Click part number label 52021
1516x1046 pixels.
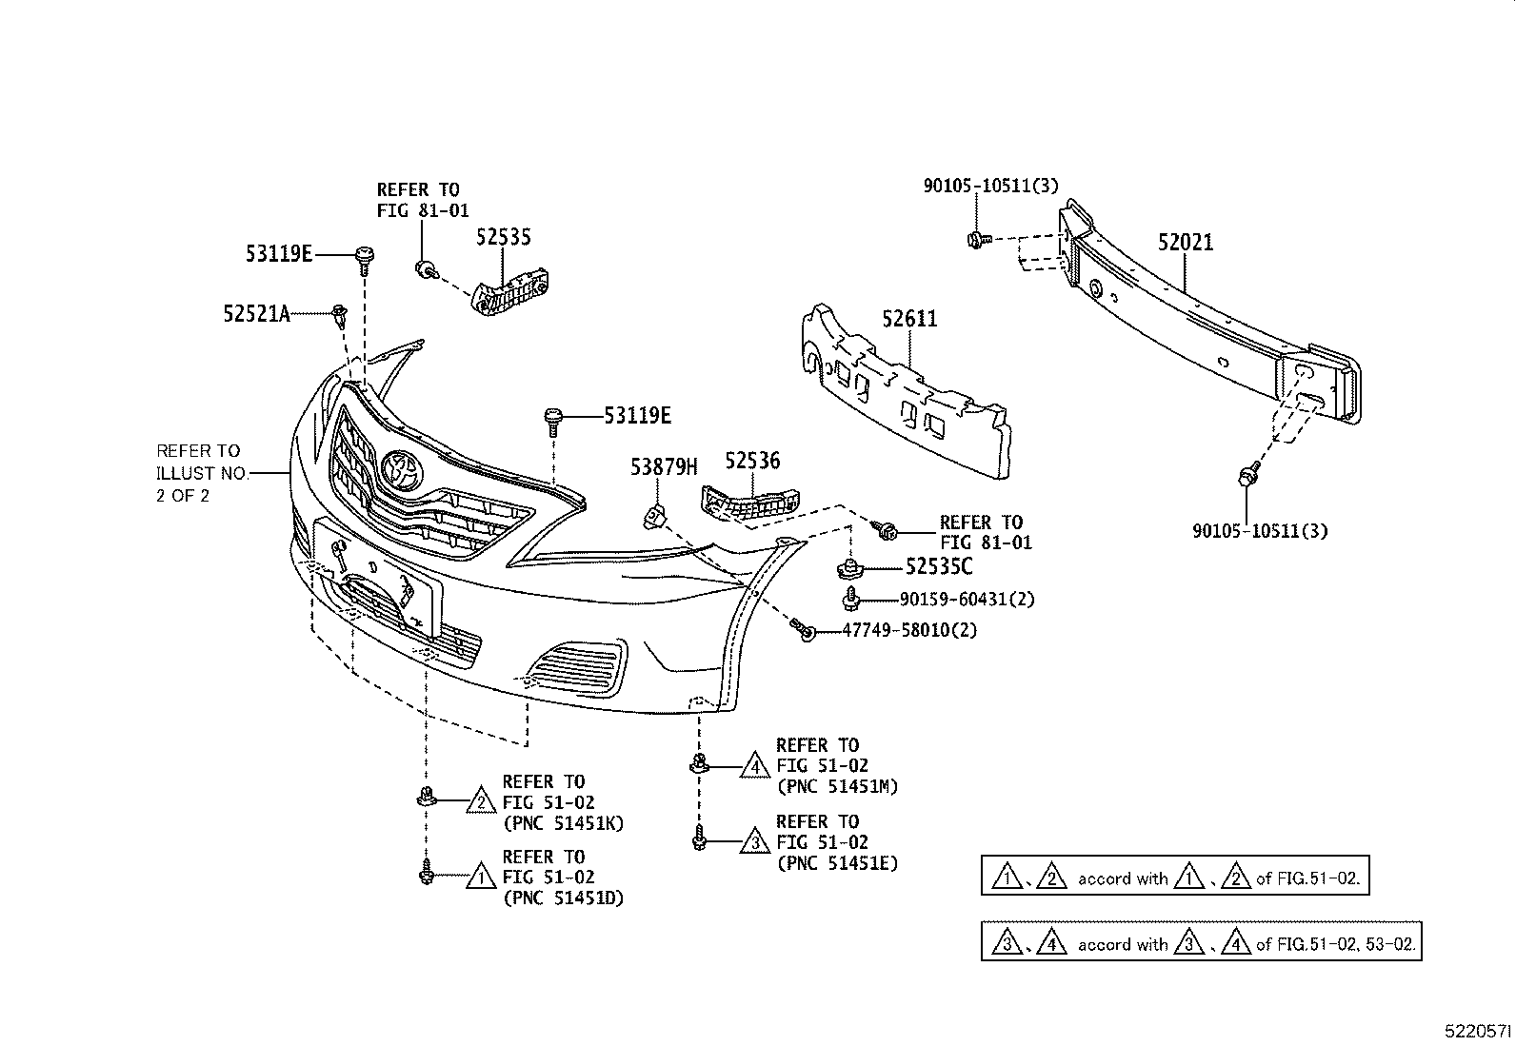pos(1186,243)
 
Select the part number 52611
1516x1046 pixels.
pos(909,319)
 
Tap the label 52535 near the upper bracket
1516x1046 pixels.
pos(504,237)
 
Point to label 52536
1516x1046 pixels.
pos(752,462)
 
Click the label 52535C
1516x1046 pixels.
pos(939,567)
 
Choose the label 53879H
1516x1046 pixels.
pos(664,466)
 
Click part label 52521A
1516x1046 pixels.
pos(257,313)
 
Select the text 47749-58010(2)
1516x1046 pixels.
pos(909,630)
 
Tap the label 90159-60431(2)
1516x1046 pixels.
pos(967,600)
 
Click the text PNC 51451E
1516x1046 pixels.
pos(837,863)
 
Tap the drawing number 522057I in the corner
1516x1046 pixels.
pos(1477,1031)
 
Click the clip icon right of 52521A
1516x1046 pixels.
pos(339,315)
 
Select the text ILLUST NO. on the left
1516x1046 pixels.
pos(202,473)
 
